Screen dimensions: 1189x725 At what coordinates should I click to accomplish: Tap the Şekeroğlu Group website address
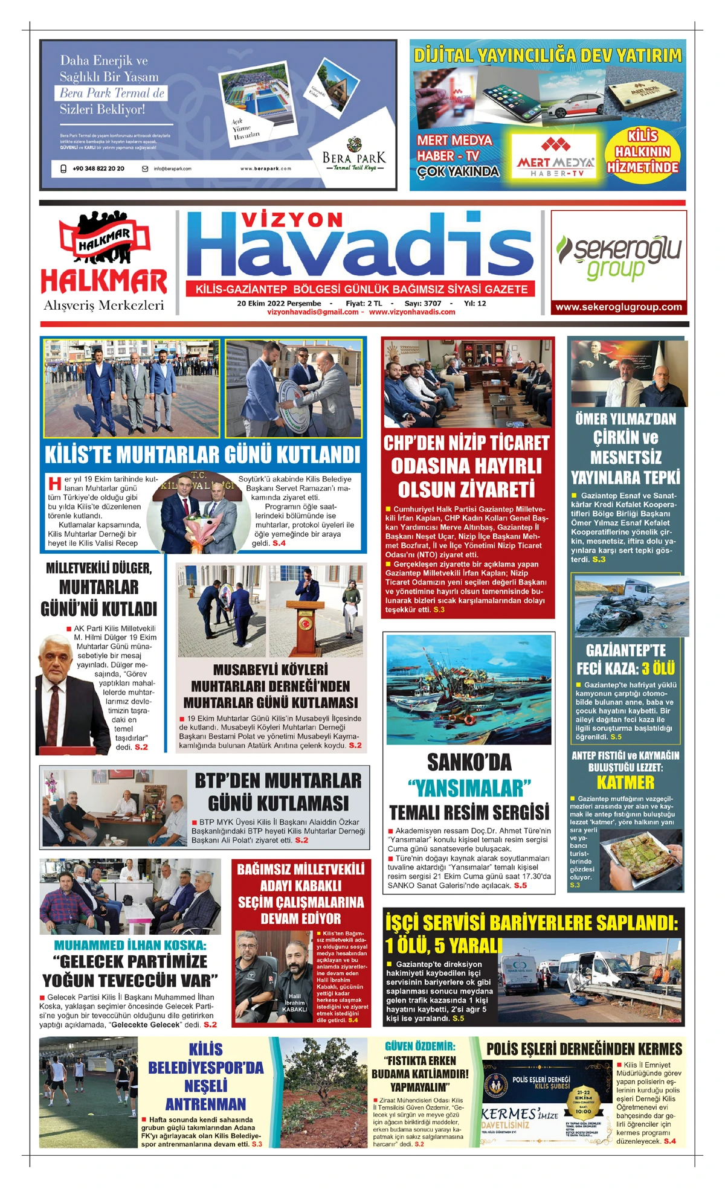[619, 307]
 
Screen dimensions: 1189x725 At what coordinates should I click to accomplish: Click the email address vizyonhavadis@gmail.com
[313, 312]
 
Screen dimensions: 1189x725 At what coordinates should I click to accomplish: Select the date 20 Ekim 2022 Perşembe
[279, 303]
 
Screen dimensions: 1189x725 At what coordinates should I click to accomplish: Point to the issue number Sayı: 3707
[422, 303]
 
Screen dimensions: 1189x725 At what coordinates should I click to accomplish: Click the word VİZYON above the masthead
[292, 220]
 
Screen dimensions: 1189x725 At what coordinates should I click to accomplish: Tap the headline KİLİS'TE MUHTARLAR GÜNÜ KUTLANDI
[202, 454]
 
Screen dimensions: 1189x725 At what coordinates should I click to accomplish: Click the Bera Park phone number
[98, 168]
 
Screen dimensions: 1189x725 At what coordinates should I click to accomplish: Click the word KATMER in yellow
[625, 783]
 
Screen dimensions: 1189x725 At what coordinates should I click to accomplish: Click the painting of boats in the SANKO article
[469, 689]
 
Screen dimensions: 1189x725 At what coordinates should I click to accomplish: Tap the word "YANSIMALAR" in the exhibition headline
[469, 788]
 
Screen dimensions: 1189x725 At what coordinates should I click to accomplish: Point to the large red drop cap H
[55, 483]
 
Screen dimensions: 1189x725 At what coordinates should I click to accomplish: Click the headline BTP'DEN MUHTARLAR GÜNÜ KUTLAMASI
[278, 792]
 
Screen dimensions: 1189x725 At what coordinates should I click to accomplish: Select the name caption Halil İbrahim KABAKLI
[294, 1002]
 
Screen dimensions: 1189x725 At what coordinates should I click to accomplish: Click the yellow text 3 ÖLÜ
[657, 668]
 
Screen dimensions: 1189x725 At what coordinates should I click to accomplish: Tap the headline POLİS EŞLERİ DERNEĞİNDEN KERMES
[584, 1049]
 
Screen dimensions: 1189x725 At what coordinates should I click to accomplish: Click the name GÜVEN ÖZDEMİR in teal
[420, 1046]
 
